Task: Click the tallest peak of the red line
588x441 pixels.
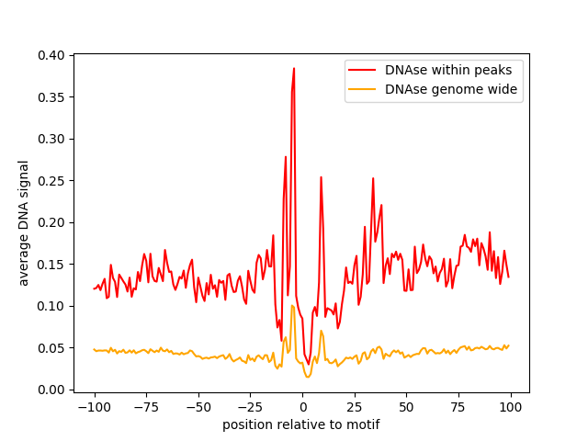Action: point(294,68)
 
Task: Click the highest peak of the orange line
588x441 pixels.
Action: point(292,306)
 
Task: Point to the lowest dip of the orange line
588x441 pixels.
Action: point(308,377)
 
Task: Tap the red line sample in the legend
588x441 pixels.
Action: point(362,70)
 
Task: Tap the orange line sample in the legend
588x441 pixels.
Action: point(362,89)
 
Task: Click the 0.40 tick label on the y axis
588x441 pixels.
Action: point(51,55)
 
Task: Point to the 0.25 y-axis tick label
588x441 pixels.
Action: point(51,181)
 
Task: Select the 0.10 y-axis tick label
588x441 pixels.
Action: point(51,306)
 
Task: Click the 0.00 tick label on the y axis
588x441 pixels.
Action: point(51,390)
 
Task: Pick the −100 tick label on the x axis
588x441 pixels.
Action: point(95,407)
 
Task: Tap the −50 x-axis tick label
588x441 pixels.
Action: point(198,407)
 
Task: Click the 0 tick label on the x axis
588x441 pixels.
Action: point(303,407)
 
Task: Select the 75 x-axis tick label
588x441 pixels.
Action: point(458,407)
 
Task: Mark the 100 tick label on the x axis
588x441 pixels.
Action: point(511,407)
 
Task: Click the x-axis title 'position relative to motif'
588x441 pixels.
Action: point(301,424)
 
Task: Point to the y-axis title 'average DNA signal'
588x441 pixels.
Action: point(23,223)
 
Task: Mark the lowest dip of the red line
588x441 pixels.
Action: point(309,364)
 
